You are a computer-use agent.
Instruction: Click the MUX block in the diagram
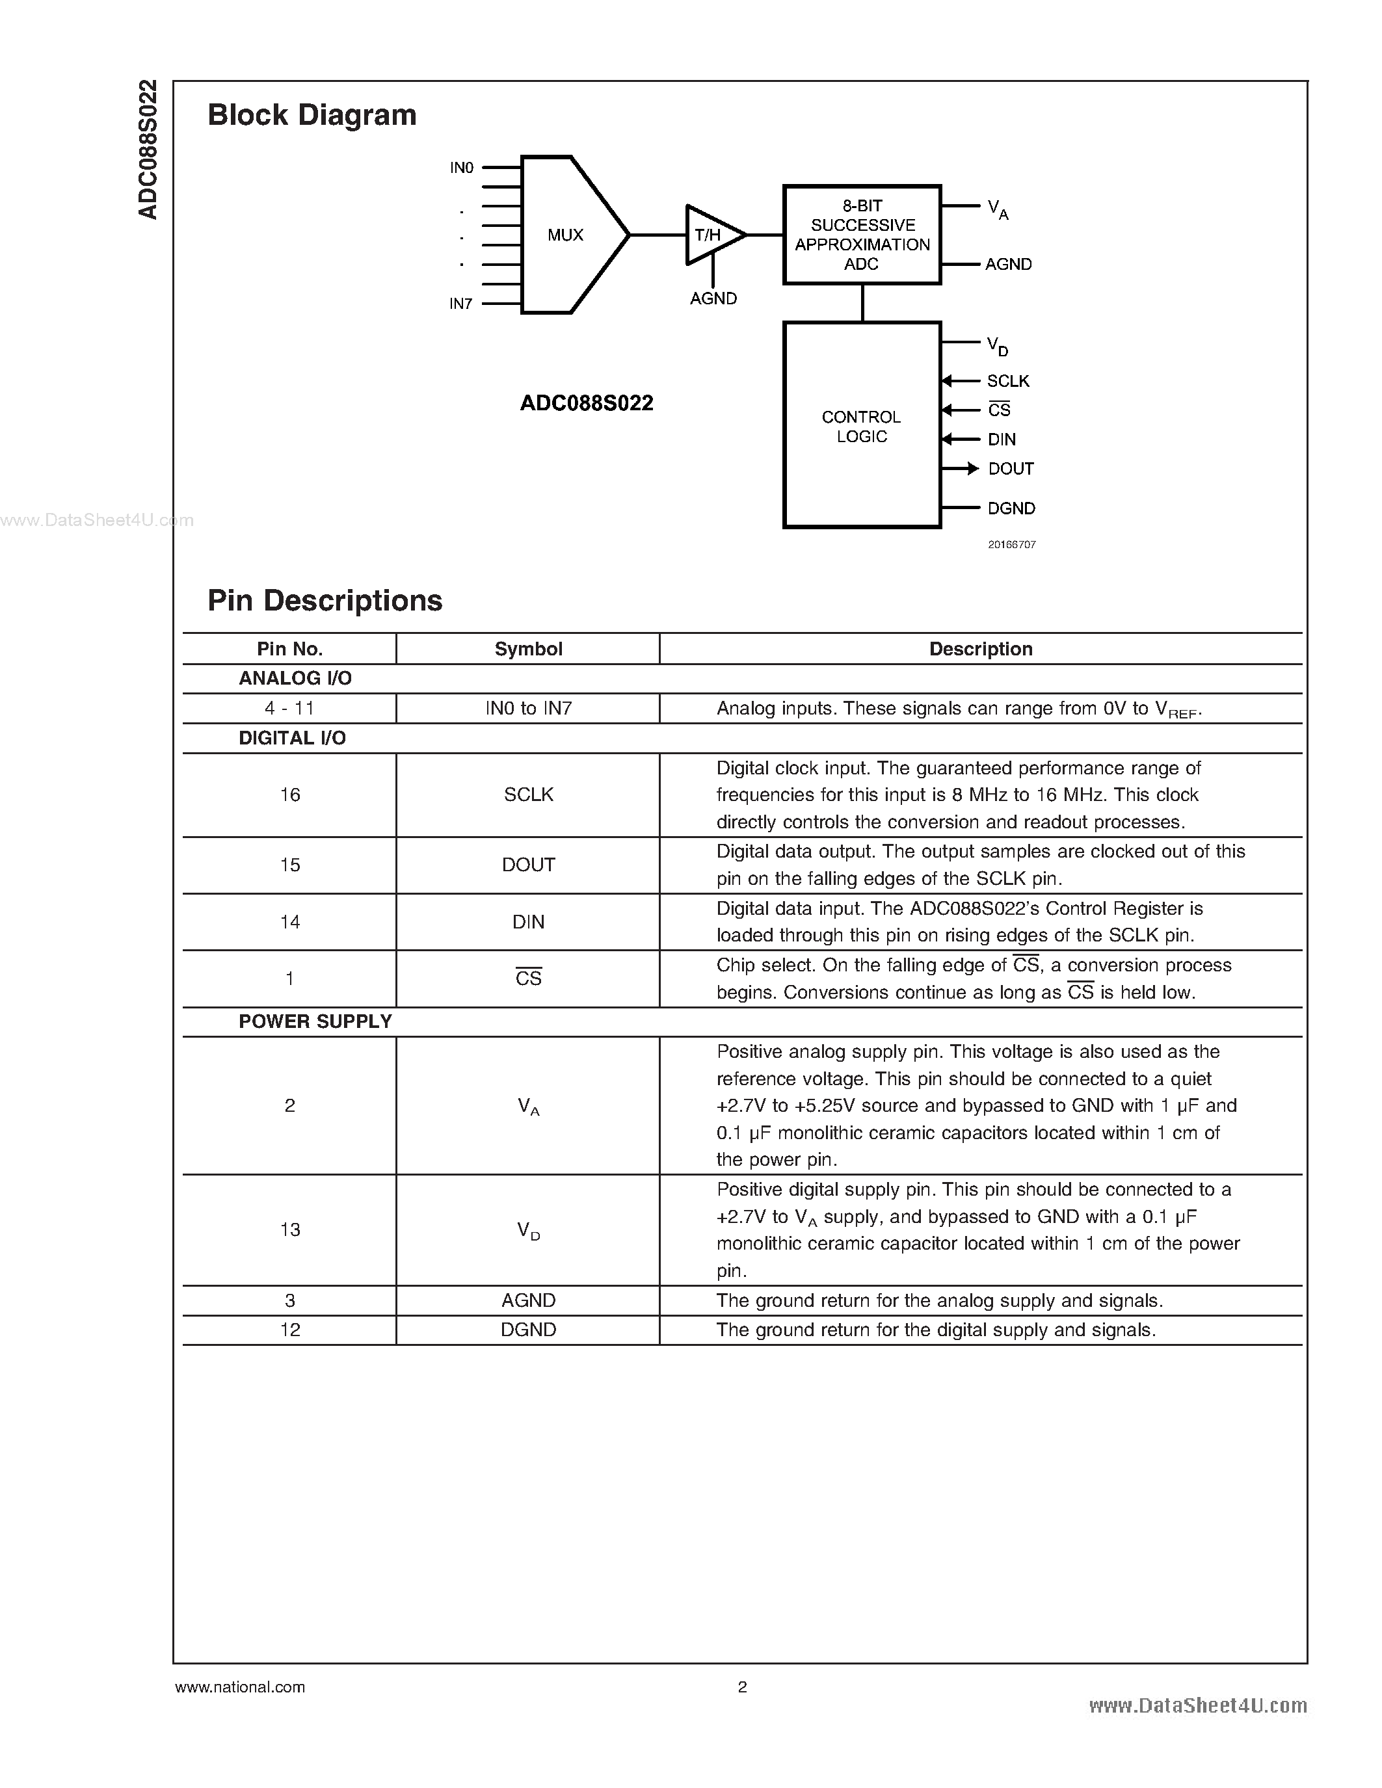point(566,235)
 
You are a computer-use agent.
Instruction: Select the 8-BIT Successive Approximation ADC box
point(862,235)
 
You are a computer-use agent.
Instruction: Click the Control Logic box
point(862,426)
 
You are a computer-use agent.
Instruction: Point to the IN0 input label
point(462,168)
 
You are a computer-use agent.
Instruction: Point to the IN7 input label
point(461,304)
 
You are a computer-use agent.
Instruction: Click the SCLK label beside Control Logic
point(1008,381)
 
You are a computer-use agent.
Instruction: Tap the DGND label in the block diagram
point(1011,508)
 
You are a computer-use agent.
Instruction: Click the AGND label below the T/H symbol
point(713,299)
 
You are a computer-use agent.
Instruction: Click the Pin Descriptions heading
point(325,600)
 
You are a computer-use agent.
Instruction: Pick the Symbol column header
point(528,650)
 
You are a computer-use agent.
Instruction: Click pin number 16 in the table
point(290,795)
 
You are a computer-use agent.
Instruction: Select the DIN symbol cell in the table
point(528,922)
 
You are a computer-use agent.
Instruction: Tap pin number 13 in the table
point(290,1229)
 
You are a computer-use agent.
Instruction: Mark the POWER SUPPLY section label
point(315,1021)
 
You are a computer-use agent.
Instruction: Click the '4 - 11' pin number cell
point(290,708)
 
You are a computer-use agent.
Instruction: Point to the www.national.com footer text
point(240,1687)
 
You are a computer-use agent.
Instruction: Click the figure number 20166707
point(1012,544)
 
